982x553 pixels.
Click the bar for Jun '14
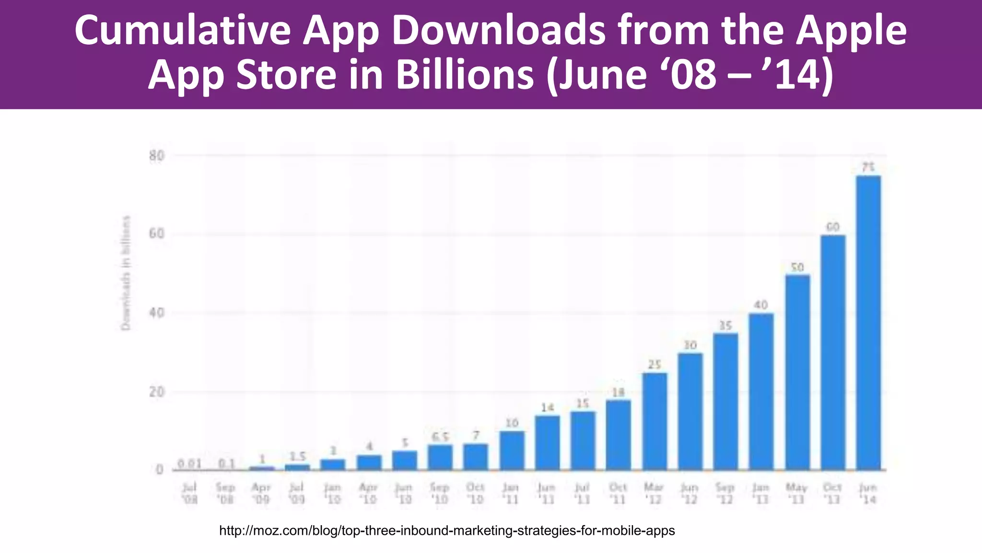[868, 323]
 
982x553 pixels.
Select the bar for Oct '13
[833, 352]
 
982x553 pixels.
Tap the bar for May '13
[797, 372]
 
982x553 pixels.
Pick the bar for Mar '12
[655, 421]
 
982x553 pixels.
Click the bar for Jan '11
[512, 450]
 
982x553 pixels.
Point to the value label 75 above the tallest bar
[868, 167]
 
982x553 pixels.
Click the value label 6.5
[440, 437]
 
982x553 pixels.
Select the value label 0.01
[189, 464]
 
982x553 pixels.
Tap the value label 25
[655, 364]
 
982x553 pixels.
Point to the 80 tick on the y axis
[157, 156]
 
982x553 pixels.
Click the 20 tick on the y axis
[157, 392]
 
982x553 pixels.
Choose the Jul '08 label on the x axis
[190, 493]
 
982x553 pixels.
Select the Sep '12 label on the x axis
[725, 493]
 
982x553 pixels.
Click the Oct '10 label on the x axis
[475, 493]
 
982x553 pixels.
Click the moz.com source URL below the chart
[447, 530]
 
